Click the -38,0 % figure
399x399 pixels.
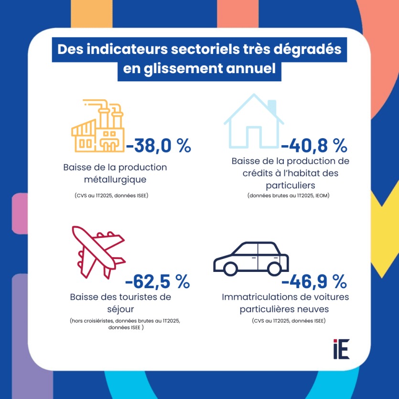(158, 146)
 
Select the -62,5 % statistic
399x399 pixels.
(157, 282)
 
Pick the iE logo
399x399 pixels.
(342, 349)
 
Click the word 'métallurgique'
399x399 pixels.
(115, 180)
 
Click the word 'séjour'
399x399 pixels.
(120, 309)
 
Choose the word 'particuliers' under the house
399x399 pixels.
(290, 184)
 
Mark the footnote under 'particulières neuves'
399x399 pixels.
(289, 321)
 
